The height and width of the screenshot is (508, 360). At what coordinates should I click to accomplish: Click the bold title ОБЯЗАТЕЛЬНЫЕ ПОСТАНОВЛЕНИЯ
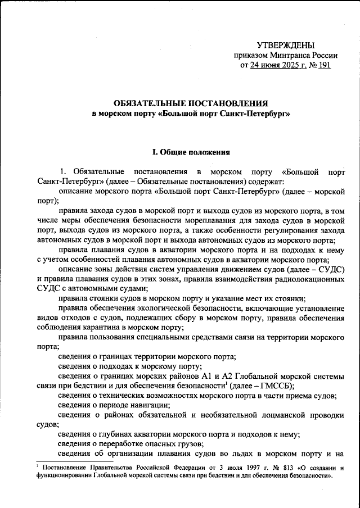(x=190, y=103)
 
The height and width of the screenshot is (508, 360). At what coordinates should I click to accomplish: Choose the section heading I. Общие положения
(x=190, y=152)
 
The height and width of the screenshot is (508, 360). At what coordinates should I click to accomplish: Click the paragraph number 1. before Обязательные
(x=63, y=171)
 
